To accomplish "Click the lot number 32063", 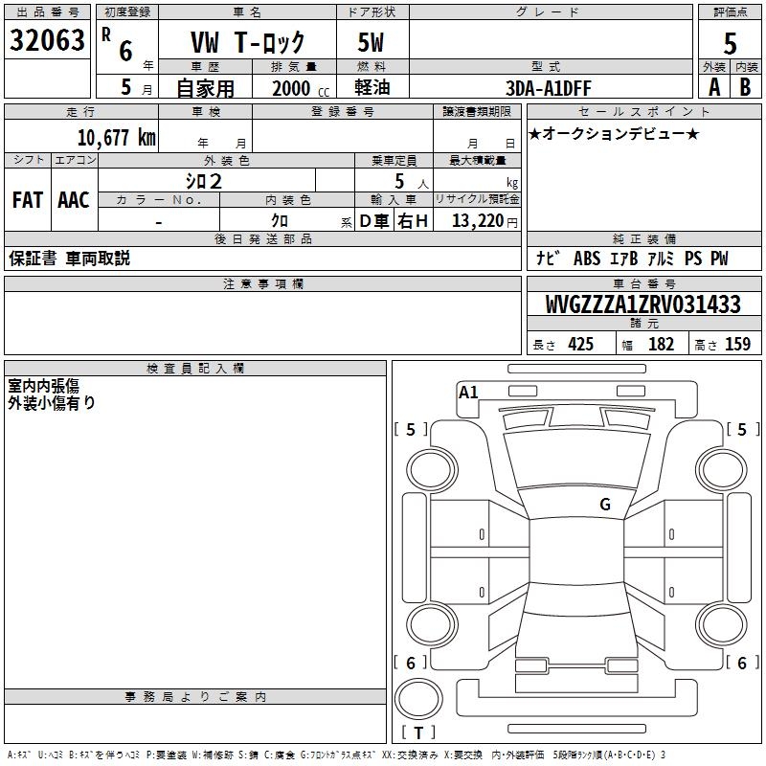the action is point(47,40).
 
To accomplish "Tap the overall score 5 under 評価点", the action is point(730,43).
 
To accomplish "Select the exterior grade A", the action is point(714,87).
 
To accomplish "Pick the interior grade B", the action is point(745,87).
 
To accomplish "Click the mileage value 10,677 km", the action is point(116,137).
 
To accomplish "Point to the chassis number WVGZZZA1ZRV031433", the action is point(642,304).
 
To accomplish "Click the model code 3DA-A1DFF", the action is point(548,88).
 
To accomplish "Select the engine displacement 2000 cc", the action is point(301,88).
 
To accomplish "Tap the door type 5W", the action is point(371,42).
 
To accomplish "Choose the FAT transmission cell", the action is point(28,200).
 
